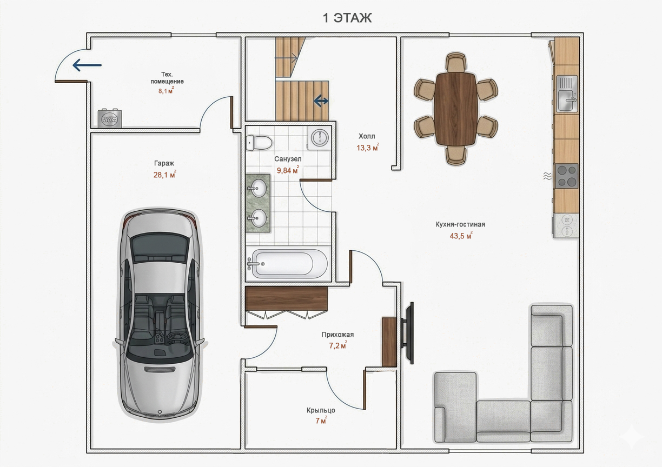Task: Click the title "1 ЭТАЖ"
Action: [x=347, y=18]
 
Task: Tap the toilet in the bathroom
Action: [x=259, y=143]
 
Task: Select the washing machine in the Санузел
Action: [x=319, y=138]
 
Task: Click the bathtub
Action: [x=287, y=264]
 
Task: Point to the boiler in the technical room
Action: [x=110, y=118]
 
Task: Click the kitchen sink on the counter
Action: [x=567, y=94]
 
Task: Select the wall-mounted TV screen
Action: [x=409, y=333]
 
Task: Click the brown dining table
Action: [x=456, y=109]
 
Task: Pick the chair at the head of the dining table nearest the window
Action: [x=456, y=63]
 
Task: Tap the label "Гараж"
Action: [x=164, y=163]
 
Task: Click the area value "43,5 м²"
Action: [x=461, y=236]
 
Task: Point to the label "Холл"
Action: [x=367, y=136]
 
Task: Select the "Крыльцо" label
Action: [x=321, y=410]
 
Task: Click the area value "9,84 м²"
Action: [x=288, y=170]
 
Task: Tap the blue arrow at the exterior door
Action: [x=87, y=65]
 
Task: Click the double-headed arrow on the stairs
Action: [x=321, y=101]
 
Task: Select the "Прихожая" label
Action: [x=337, y=335]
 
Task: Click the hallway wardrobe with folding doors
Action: [x=286, y=302]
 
